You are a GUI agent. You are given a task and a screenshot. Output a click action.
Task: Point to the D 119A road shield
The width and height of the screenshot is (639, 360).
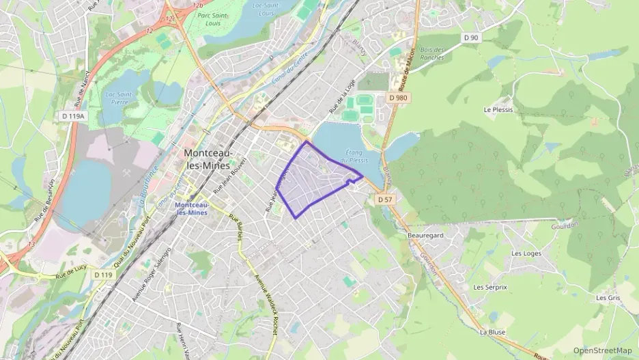pyautogui.click(x=73, y=116)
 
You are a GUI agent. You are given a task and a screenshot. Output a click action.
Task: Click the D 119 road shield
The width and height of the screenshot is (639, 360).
pyautogui.click(x=102, y=274)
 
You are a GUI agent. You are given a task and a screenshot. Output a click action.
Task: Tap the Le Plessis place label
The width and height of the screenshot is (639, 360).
pyautogui.click(x=498, y=109)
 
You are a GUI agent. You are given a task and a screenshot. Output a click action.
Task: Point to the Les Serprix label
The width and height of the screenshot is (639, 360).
pyautogui.click(x=490, y=287)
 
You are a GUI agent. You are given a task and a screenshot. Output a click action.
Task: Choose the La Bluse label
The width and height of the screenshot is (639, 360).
pyautogui.click(x=492, y=332)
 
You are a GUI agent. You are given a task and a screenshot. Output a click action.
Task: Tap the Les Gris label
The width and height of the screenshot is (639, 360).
pyautogui.click(x=608, y=298)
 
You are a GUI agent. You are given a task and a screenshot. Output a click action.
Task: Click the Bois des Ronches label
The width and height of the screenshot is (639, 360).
pyautogui.click(x=432, y=53)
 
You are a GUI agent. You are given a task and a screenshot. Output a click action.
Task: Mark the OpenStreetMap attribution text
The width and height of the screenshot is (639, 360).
pyautogui.click(x=602, y=350)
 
